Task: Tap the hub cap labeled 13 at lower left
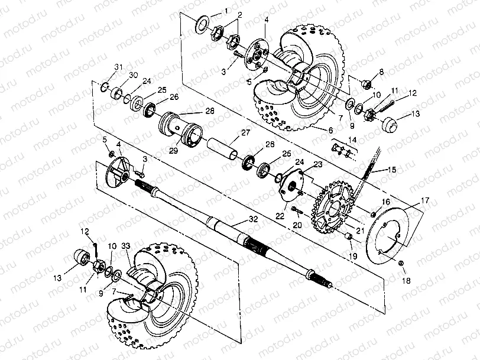[80, 258]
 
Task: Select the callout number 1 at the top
[225, 12]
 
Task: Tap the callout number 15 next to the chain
[393, 170]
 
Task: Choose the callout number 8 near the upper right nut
[381, 72]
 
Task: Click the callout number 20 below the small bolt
[297, 225]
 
